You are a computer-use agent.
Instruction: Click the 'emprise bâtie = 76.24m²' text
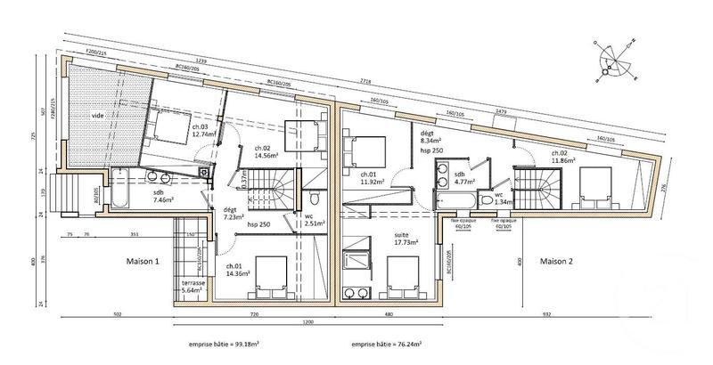385,342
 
